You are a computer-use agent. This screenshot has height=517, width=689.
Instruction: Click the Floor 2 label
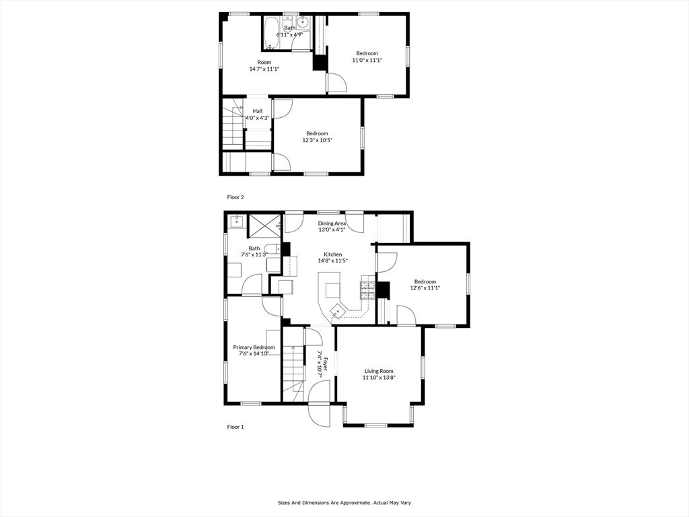(x=235, y=197)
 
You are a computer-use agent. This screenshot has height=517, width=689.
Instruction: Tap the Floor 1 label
(x=235, y=427)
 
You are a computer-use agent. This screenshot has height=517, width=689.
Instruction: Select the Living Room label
(x=379, y=371)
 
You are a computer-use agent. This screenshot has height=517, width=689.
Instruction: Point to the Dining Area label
(x=332, y=223)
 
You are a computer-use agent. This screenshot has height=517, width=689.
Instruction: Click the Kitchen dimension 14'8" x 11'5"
(x=332, y=261)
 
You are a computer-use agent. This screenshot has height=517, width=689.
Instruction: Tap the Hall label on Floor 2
(x=258, y=111)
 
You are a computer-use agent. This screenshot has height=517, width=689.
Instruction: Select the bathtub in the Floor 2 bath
(x=272, y=32)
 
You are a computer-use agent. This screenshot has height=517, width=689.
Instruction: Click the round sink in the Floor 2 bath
(x=303, y=22)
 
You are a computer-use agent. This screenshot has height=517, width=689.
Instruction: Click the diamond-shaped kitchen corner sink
(x=337, y=311)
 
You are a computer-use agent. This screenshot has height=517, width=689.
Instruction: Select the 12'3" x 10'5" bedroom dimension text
(x=317, y=140)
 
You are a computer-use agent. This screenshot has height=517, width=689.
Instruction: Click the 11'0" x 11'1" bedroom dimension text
(x=367, y=60)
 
